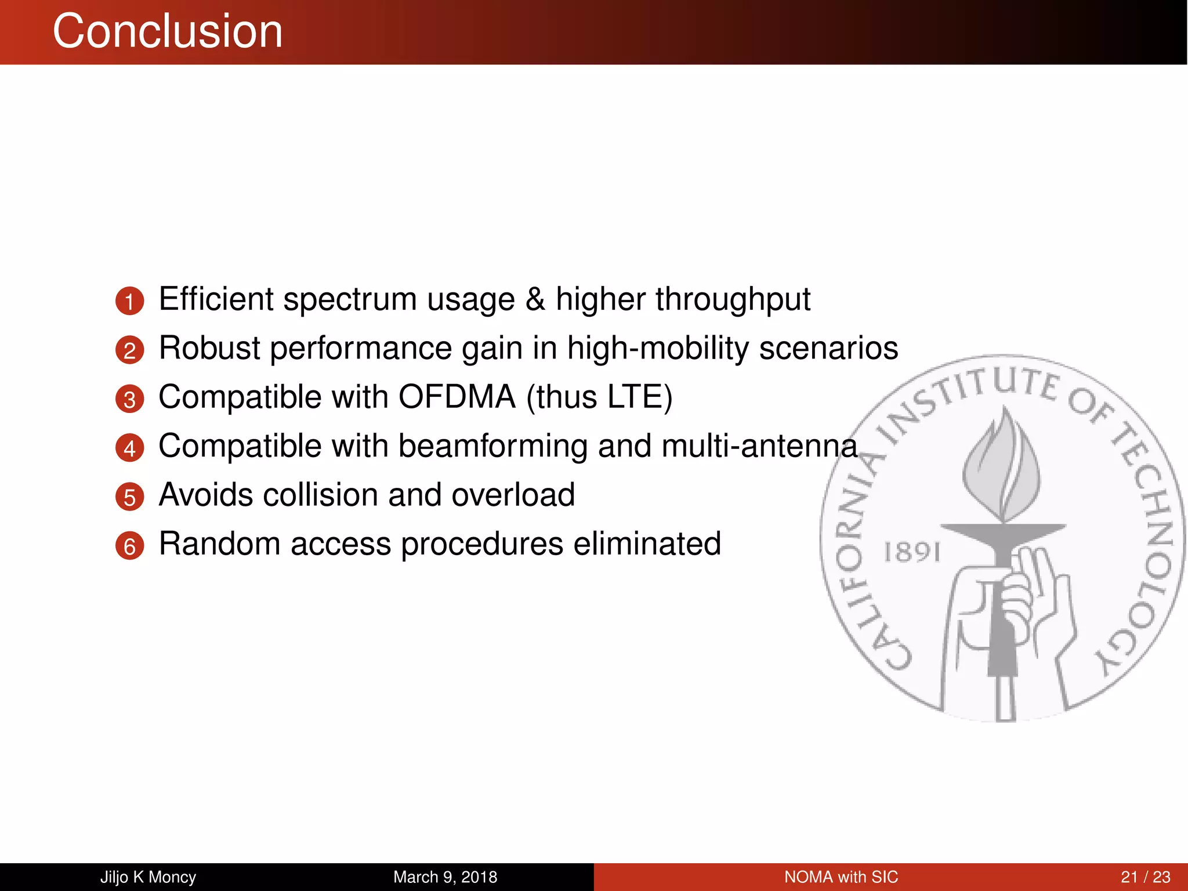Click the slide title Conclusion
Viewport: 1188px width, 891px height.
point(168,31)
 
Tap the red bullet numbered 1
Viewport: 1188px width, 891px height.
point(129,301)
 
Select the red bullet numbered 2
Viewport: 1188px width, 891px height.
point(129,350)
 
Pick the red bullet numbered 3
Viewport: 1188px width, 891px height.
point(129,400)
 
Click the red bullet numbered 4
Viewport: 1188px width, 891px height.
point(129,448)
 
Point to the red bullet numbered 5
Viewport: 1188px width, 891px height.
point(129,498)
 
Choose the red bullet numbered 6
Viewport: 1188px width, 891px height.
point(129,546)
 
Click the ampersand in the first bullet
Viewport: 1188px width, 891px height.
point(535,299)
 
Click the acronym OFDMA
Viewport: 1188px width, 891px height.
point(457,397)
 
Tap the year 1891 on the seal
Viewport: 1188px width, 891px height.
point(911,552)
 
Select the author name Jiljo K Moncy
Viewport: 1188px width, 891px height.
point(148,877)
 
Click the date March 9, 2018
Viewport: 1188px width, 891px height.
point(445,877)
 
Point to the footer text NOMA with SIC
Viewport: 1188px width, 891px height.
point(841,877)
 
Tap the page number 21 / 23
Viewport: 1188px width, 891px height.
point(1145,877)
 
